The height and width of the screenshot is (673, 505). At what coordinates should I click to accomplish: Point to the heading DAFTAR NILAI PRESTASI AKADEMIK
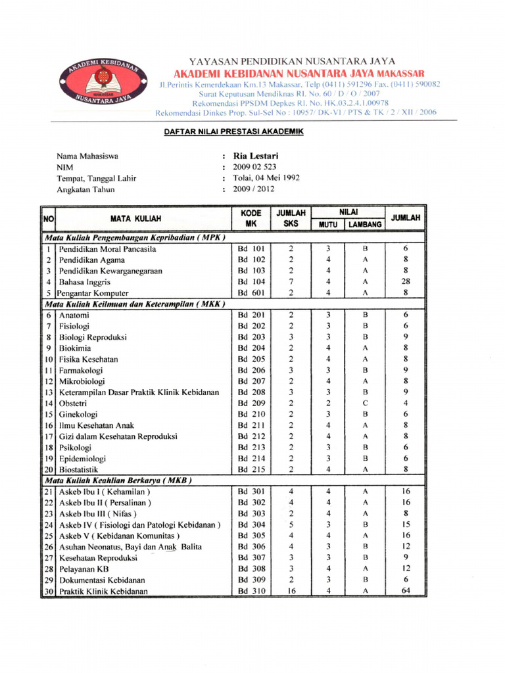point(234,132)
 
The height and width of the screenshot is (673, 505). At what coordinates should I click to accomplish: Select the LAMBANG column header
point(365,224)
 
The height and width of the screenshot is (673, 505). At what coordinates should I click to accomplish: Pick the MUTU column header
point(327,224)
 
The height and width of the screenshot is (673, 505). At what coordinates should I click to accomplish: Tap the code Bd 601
point(251,293)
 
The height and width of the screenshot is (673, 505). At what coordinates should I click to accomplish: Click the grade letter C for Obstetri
point(365,403)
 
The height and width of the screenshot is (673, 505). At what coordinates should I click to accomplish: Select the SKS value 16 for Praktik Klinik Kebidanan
point(291,591)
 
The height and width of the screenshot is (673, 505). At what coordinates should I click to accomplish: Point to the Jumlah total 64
point(406,591)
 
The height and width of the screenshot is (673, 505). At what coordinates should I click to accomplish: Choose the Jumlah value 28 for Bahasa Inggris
point(406,282)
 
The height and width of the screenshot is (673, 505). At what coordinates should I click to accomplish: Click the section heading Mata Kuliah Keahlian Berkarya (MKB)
point(117,480)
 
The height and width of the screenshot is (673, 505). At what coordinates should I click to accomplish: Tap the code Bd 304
point(251,524)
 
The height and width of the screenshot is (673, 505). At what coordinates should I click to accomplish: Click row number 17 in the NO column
point(49,436)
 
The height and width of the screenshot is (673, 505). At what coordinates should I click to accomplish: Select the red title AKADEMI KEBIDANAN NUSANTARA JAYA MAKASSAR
point(299,73)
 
